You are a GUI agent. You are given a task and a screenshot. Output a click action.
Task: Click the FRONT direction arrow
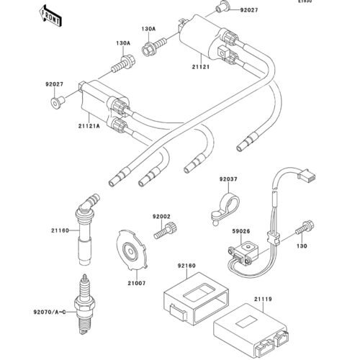pos(50,16)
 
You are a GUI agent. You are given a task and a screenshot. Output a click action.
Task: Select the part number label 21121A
pos(89,125)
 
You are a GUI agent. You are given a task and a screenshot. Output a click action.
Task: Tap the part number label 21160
pos(60,230)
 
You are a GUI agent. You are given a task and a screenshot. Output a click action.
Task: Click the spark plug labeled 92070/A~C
pos(84,305)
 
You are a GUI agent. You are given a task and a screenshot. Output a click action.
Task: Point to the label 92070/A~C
pos(50,312)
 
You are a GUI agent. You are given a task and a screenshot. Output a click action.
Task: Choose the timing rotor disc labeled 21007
pos(131,251)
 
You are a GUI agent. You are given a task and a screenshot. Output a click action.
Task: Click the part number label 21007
pos(137,283)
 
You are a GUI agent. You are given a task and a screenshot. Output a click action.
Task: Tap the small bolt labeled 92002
pos(166,230)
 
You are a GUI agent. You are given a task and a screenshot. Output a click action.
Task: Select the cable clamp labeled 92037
pos(225,210)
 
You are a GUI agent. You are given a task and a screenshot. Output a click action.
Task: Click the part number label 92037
pos(228,179)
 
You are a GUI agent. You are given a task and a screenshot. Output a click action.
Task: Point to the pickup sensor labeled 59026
pos(240,252)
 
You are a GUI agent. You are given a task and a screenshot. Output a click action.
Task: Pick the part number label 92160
pos(186,266)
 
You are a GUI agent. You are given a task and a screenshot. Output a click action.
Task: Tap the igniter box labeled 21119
pos(251,328)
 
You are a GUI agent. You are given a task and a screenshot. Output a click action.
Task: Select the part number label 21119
pos(263,299)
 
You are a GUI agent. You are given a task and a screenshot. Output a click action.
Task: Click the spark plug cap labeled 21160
pos(85,230)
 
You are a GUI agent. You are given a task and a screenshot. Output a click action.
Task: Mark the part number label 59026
pos(241,231)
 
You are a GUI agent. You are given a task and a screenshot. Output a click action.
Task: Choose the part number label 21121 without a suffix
pos(201,67)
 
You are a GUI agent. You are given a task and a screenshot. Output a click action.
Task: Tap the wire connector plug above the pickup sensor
pos(307,175)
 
